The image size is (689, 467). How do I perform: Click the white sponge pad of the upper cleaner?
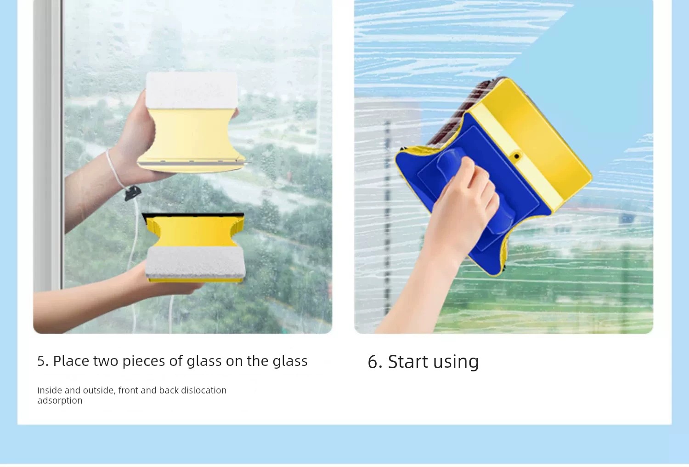coord(192,90)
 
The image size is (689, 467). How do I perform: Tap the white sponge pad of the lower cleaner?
coord(195,262)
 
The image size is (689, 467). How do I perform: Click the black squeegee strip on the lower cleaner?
coord(193,216)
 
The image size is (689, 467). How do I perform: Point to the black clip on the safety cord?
coord(133,193)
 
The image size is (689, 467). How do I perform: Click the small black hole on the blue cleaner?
coord(516,156)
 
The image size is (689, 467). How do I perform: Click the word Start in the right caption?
coord(408,361)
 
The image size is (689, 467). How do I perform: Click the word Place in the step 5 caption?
coord(71,361)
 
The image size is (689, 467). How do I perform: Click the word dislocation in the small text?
coord(203,390)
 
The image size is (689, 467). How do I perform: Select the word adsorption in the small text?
coord(60,401)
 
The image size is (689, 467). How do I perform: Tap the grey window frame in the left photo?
coord(48,145)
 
